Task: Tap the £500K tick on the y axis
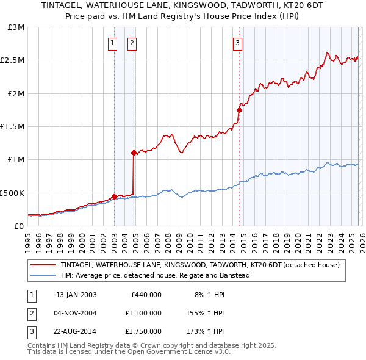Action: (x=12, y=193)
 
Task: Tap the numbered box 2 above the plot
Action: (x=132, y=43)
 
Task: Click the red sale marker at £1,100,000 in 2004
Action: (x=134, y=153)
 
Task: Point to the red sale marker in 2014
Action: (x=239, y=110)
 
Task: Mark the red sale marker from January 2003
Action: (x=114, y=196)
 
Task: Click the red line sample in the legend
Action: (x=43, y=265)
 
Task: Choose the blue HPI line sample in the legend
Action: (x=43, y=275)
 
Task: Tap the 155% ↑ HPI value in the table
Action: (x=205, y=313)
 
